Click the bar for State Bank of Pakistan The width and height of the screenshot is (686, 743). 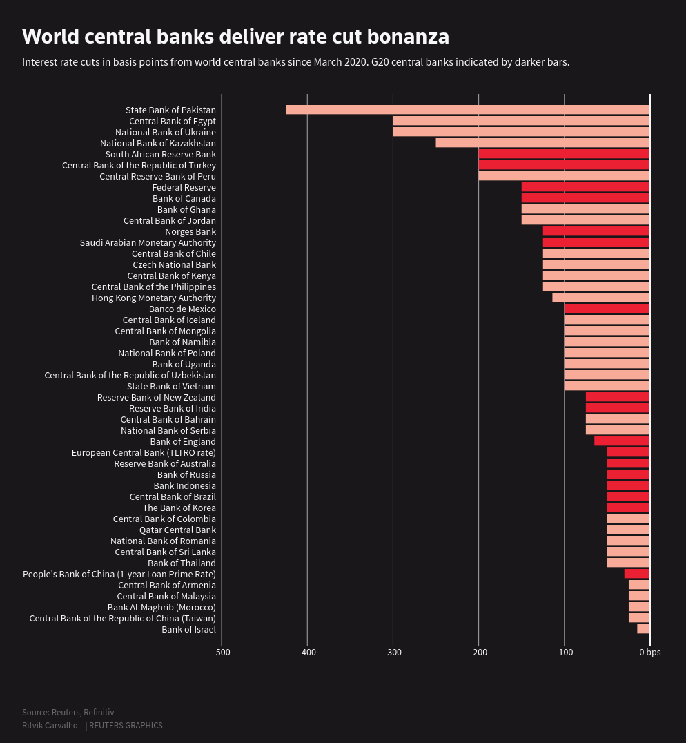point(468,110)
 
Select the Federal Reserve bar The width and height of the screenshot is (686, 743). point(585,187)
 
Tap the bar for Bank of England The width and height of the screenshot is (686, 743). point(622,441)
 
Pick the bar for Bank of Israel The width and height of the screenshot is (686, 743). point(643,629)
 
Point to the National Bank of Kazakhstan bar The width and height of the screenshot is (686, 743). point(542,143)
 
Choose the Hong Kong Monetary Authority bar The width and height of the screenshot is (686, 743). point(600,298)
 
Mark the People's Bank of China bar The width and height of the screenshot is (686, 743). point(637,574)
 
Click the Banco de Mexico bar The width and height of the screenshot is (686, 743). point(607,309)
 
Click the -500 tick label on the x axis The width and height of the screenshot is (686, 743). point(222,653)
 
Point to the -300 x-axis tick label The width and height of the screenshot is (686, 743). point(393,653)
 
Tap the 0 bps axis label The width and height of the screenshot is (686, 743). point(649,653)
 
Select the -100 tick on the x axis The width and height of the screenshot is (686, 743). point(564,653)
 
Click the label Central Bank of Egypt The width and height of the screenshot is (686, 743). point(173,121)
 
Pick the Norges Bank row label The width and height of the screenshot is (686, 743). point(190,231)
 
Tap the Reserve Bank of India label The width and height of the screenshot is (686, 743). point(173,408)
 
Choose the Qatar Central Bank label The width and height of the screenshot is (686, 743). point(177,530)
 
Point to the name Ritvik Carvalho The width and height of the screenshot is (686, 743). point(50,726)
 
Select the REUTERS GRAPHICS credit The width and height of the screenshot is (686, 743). point(126,726)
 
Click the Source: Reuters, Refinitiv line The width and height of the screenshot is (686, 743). point(68,712)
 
